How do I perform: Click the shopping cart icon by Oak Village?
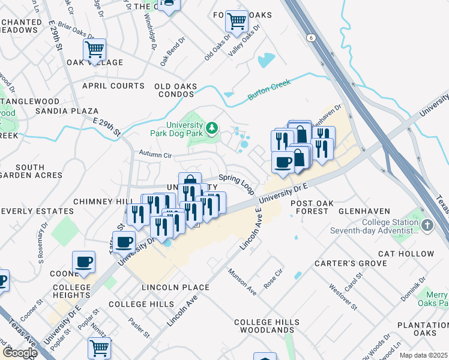tap(95, 50)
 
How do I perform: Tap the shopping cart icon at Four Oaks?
tap(237, 22)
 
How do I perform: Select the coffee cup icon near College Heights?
tap(83, 262)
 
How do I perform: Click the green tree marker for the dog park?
tap(211, 128)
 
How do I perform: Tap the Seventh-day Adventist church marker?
tap(427, 225)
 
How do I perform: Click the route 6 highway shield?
tap(310, 38)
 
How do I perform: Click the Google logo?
tap(20, 353)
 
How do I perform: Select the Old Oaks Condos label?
tap(176, 90)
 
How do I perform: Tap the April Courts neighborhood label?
tap(113, 86)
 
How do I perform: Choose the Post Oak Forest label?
tap(310, 207)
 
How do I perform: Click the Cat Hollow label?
tap(409, 254)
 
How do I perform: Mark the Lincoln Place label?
tap(175, 287)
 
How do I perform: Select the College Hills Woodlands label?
tap(267, 326)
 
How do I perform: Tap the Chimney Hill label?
tap(95, 201)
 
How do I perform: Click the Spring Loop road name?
tap(236, 182)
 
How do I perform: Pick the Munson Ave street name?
tap(243, 282)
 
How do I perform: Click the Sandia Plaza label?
tap(66, 111)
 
